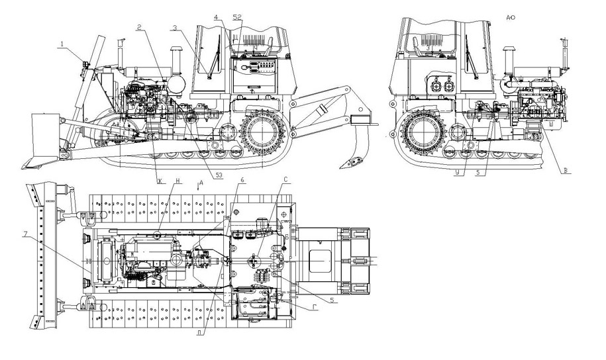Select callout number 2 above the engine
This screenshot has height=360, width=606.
[140, 27]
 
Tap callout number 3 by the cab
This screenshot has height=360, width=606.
[174, 28]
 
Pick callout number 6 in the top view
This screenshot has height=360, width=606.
[243, 181]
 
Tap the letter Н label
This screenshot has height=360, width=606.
[177, 181]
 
